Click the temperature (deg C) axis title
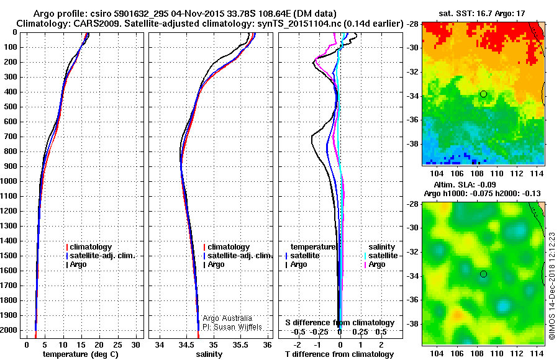coord(81,354)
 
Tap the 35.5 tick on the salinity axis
coord(240,344)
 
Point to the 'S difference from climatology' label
coord(339,323)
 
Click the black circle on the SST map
coord(483,94)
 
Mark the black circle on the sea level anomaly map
coord(483,274)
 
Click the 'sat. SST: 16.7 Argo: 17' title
coord(483,12)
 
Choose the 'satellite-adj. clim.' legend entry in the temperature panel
coord(105,256)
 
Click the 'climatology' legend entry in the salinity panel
coord(229,247)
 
